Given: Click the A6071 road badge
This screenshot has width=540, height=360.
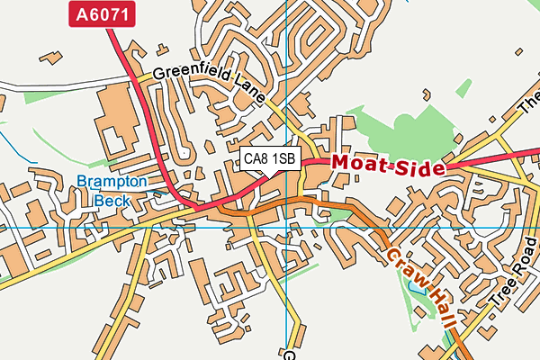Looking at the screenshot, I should click(102, 13).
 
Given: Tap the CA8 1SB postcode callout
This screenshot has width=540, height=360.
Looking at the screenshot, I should click(270, 158).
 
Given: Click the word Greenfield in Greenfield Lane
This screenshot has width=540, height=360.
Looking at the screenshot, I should click(190, 74).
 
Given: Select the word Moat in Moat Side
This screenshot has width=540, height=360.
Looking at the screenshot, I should click(364, 163).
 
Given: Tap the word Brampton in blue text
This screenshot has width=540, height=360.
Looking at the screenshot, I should click(111, 182).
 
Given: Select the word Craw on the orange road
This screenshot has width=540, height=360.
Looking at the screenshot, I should click(403, 267).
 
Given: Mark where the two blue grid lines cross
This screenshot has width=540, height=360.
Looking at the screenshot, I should click(286, 227).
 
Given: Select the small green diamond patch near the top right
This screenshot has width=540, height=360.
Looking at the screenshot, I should click(463, 88).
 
